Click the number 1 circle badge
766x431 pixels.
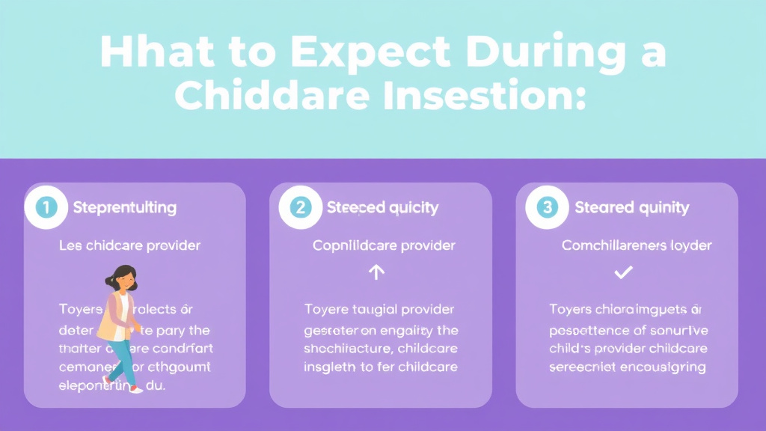point(46,207)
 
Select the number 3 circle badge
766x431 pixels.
point(548,207)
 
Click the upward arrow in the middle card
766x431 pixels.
point(377,273)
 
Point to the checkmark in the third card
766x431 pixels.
point(622,273)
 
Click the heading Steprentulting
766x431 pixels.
point(125,207)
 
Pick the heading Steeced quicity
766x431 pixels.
point(382,207)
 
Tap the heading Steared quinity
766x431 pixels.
point(631,207)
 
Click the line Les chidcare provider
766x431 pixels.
point(129,245)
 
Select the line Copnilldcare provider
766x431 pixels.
point(384,245)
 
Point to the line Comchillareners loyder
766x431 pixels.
point(637,245)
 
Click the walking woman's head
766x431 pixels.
point(125,279)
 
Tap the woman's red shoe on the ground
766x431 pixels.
point(135,390)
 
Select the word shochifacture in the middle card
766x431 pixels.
point(349,349)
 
